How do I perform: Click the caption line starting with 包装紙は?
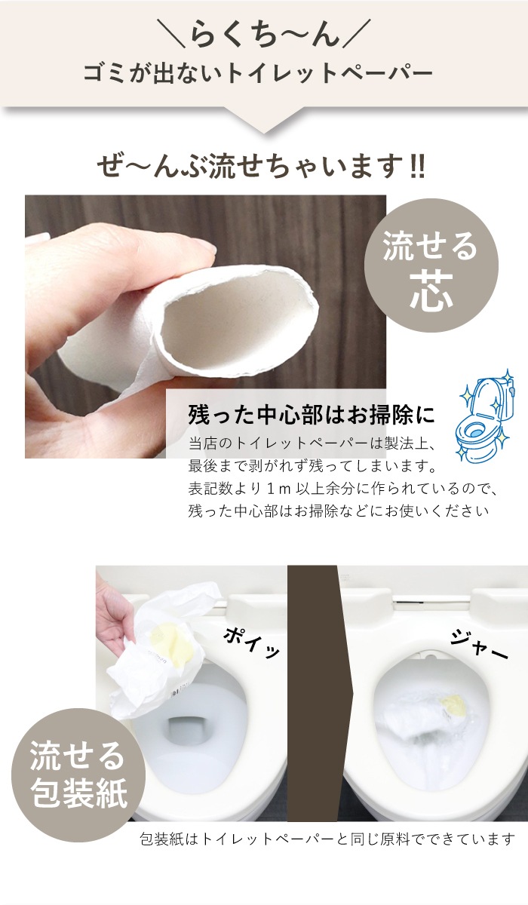[x=327, y=839]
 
